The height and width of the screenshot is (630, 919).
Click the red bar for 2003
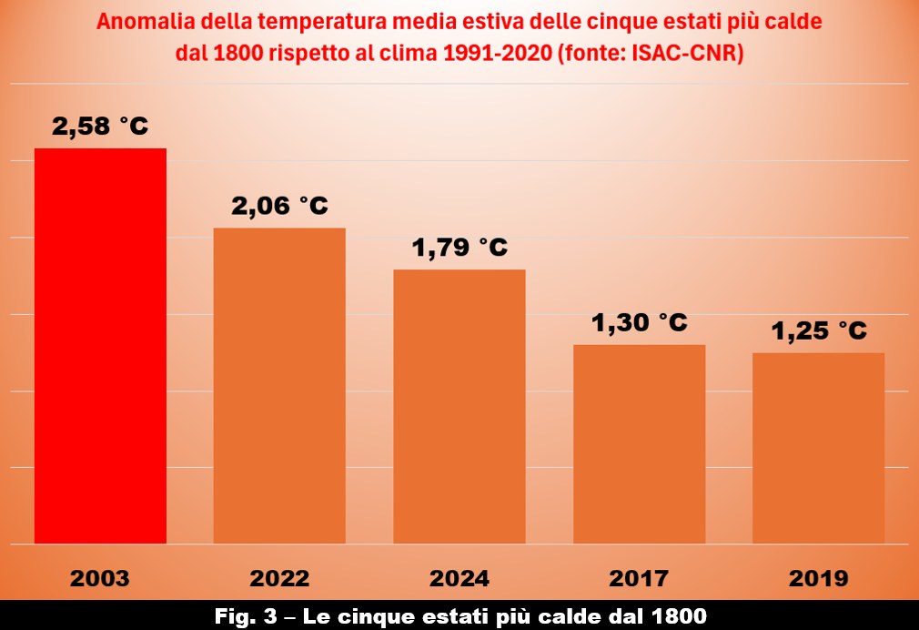pyautogui.click(x=100, y=346)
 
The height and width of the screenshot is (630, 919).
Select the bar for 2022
pyautogui.click(x=279, y=385)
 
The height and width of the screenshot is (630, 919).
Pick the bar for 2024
pyautogui.click(x=459, y=406)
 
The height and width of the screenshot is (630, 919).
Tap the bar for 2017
pyautogui.click(x=639, y=444)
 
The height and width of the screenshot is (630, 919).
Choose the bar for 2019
pyautogui.click(x=819, y=448)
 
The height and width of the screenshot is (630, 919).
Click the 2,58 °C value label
pyautogui.click(x=100, y=127)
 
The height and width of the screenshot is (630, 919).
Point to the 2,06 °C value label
pyautogui.click(x=279, y=207)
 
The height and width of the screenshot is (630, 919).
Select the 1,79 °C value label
pyautogui.click(x=459, y=248)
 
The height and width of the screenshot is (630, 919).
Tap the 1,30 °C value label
pyautogui.click(x=639, y=322)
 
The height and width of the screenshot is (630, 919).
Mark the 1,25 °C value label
pyautogui.click(x=819, y=331)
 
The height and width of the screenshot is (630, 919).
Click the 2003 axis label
pyautogui.click(x=100, y=578)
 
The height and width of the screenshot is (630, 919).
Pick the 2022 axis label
pyautogui.click(x=279, y=578)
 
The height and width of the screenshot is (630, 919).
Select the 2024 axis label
pyautogui.click(x=459, y=578)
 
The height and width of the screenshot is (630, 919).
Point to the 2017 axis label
pyautogui.click(x=639, y=578)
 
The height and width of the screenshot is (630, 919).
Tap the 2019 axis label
pyautogui.click(x=819, y=578)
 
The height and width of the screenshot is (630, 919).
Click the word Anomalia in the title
pyautogui.click(x=143, y=22)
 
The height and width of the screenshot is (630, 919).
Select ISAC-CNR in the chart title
pyautogui.click(x=690, y=53)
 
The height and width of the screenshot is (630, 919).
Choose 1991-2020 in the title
pyautogui.click(x=492, y=53)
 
